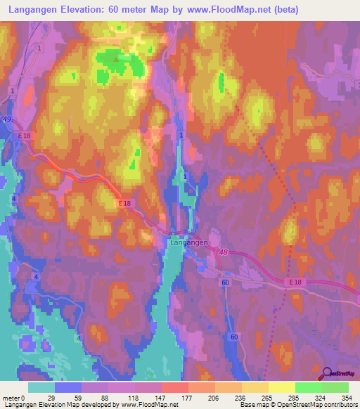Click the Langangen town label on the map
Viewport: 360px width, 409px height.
pyautogui.click(x=188, y=242)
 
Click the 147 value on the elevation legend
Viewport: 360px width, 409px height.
pyautogui.click(x=162, y=398)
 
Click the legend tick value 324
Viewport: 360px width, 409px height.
pyautogui.click(x=321, y=398)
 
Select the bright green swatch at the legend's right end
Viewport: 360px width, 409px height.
pyautogui.click(x=335, y=387)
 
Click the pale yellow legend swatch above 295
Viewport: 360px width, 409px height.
pyautogui.click(x=281, y=387)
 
